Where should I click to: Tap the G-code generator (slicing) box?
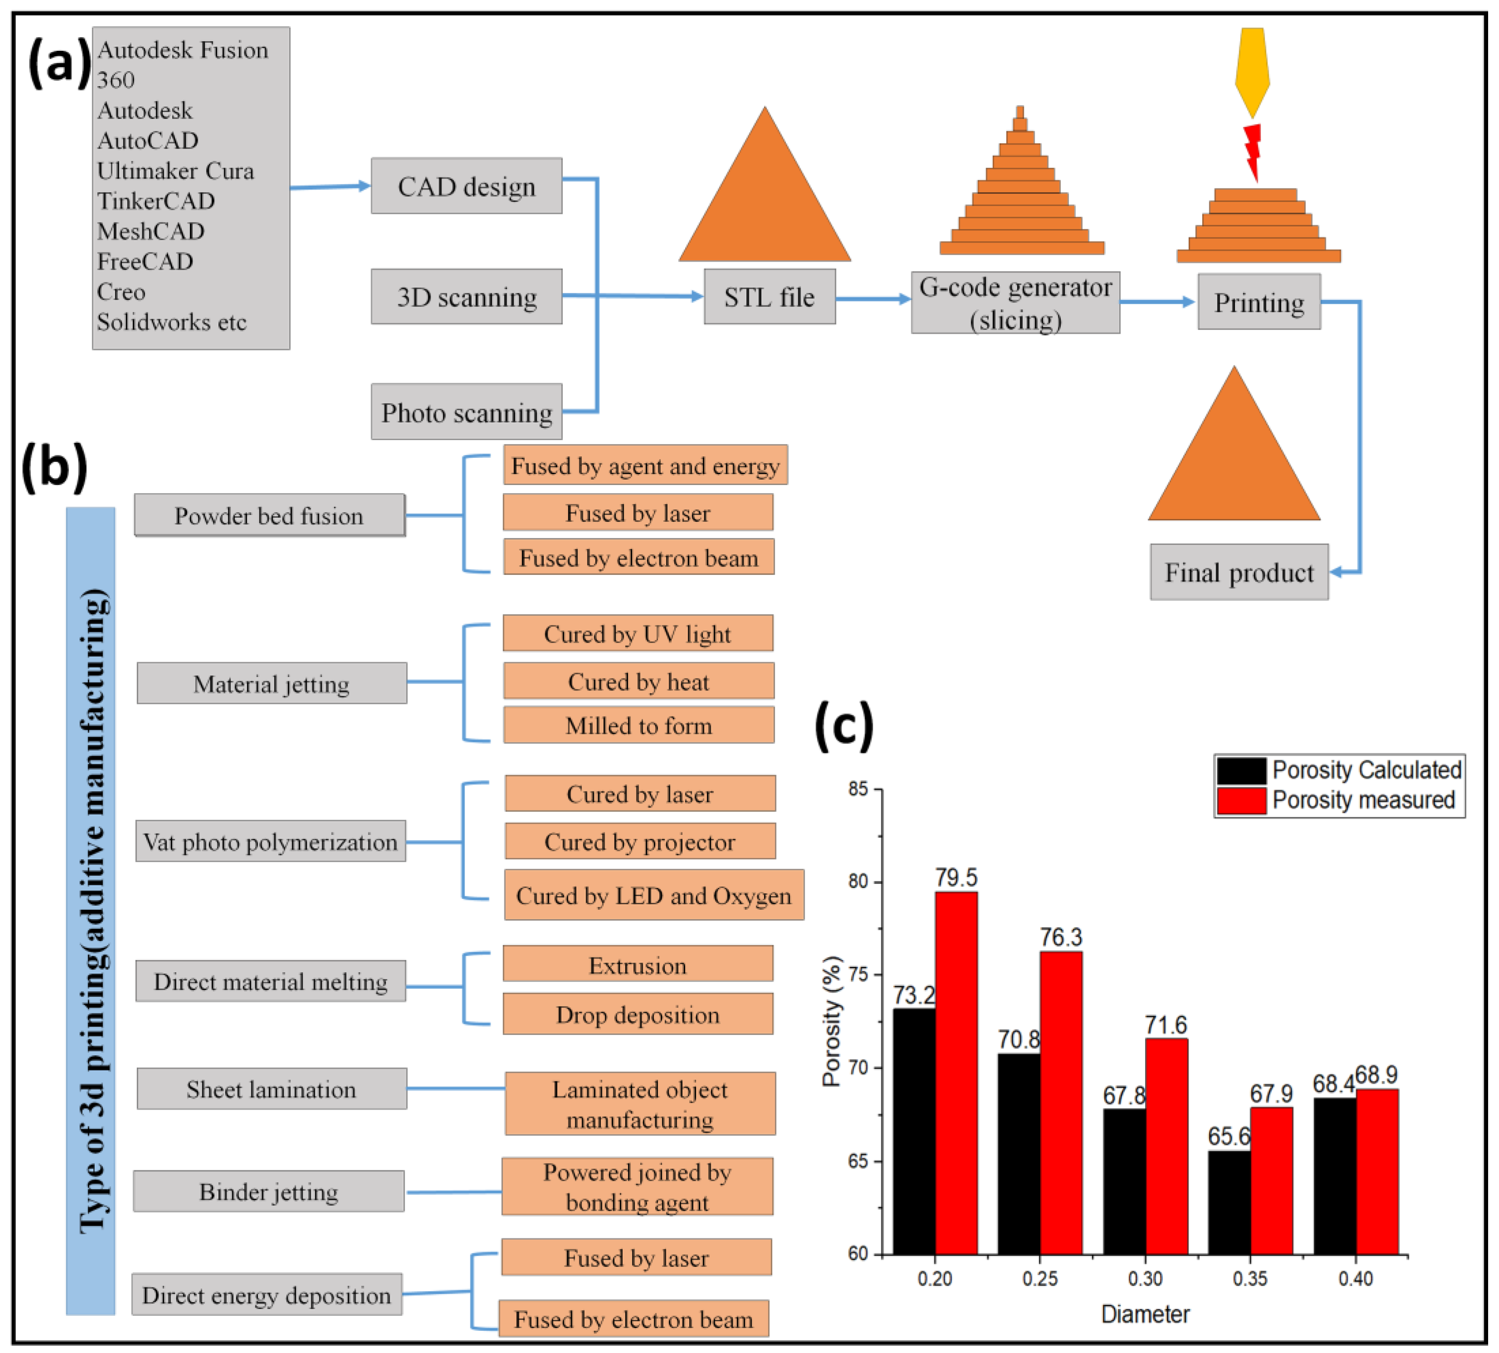click(x=1015, y=303)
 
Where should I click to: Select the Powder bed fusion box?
click(x=269, y=515)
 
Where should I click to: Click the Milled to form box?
click(x=638, y=725)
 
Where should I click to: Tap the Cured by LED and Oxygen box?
click(x=654, y=895)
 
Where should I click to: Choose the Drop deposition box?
click(x=638, y=1014)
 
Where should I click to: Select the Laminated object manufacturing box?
click(x=640, y=1104)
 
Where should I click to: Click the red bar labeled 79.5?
click(x=956, y=1071)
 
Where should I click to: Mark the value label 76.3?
click(x=1060, y=937)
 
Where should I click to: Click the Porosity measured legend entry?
click(x=1338, y=800)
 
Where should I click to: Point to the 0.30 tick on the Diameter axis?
click(x=1145, y=1279)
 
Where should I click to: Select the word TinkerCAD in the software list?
click(x=156, y=201)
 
